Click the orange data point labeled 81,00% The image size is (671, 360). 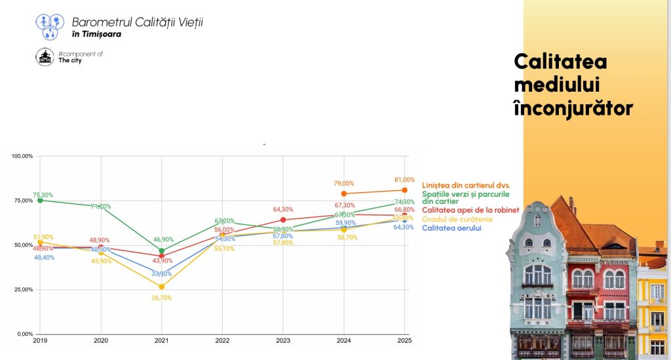pos(404,190)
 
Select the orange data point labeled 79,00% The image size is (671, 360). pos(343,193)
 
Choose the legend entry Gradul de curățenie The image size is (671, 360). pos(457,219)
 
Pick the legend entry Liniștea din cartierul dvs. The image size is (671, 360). pos(466,185)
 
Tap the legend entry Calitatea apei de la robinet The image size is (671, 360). pos(470,210)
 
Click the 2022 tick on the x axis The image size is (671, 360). pos(222,341)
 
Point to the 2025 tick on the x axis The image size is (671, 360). pos(404,341)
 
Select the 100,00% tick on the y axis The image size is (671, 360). pos(22,157)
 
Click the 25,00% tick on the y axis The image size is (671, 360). pos(24,290)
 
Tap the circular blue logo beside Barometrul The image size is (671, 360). pos(50,26)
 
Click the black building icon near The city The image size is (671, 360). pos(45,57)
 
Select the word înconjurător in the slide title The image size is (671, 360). pos(573,108)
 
